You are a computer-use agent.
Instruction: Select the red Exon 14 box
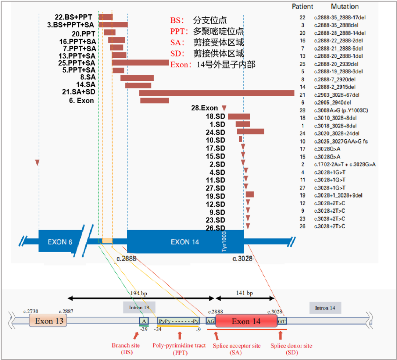pos(246,321)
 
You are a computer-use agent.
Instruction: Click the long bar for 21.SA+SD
pos(217,93)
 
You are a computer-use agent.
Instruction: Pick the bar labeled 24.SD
pos(250,131)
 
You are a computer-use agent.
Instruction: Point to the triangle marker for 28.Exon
pos(224,108)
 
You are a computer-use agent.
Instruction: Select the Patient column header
pos(303,7)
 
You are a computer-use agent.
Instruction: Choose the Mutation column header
pos(344,7)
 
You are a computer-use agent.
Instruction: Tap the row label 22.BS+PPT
pos(73,17)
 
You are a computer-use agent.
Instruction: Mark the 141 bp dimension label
pos(244,293)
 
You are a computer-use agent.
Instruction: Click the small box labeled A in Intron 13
pos(144,321)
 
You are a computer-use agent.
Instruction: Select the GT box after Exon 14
pos(282,321)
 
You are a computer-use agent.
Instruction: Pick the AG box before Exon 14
pos(211,321)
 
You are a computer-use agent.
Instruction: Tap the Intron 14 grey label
pos(325,307)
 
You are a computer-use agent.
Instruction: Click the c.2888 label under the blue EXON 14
pos(126,259)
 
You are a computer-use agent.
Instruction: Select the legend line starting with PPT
pos(207,32)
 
